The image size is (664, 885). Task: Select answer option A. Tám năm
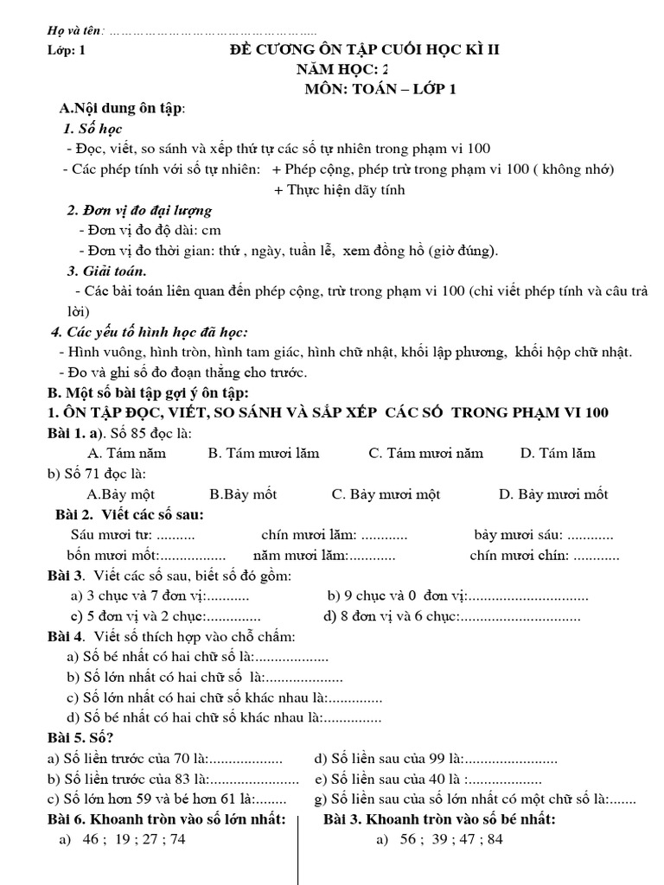(x=127, y=453)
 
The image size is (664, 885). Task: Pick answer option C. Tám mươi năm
(x=425, y=453)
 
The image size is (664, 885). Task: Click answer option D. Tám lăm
(x=558, y=453)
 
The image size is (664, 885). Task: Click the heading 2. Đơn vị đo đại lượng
(x=139, y=211)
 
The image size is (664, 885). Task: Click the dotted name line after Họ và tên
(x=212, y=32)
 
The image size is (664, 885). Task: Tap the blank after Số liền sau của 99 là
(x=512, y=760)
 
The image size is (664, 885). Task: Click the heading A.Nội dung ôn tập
(x=122, y=108)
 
